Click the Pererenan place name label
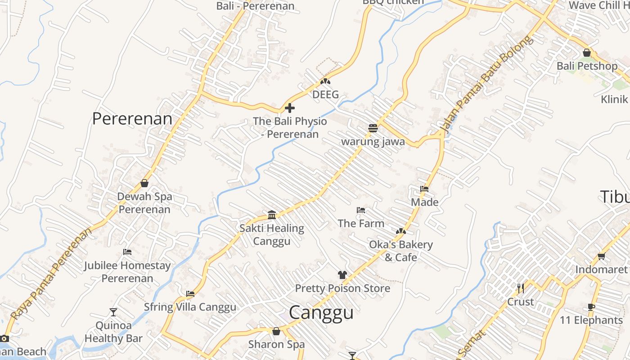(x=132, y=119)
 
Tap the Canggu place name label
(x=321, y=312)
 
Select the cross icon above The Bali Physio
(x=290, y=108)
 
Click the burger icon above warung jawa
(x=373, y=128)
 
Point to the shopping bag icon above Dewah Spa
(x=144, y=183)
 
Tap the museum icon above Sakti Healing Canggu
(x=272, y=215)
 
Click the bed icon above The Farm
(x=360, y=210)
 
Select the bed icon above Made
(x=424, y=189)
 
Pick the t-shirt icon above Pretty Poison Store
(x=342, y=274)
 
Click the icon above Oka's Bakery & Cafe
(x=400, y=231)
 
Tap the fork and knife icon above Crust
(x=521, y=288)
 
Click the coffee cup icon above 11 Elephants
(x=591, y=307)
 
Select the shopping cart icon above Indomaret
(x=601, y=256)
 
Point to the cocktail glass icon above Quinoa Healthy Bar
(x=113, y=312)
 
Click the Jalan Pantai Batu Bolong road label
(x=487, y=84)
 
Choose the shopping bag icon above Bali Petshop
(x=586, y=53)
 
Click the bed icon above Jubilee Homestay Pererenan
(x=127, y=252)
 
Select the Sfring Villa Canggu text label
(x=190, y=307)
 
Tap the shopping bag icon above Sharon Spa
(x=276, y=331)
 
